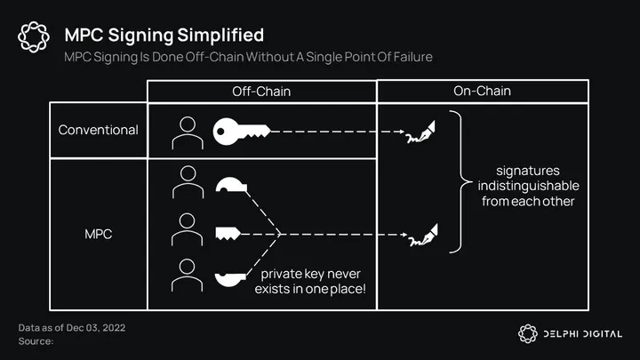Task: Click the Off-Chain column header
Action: pyautogui.click(x=261, y=91)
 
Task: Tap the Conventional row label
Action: pyautogui.click(x=98, y=130)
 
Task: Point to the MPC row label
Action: pyautogui.click(x=98, y=235)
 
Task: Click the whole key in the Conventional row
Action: pyautogui.click(x=241, y=132)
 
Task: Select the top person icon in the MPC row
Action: pyautogui.click(x=188, y=183)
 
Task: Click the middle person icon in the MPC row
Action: pyautogui.click(x=188, y=230)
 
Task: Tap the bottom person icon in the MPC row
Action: pyautogui.click(x=188, y=275)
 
